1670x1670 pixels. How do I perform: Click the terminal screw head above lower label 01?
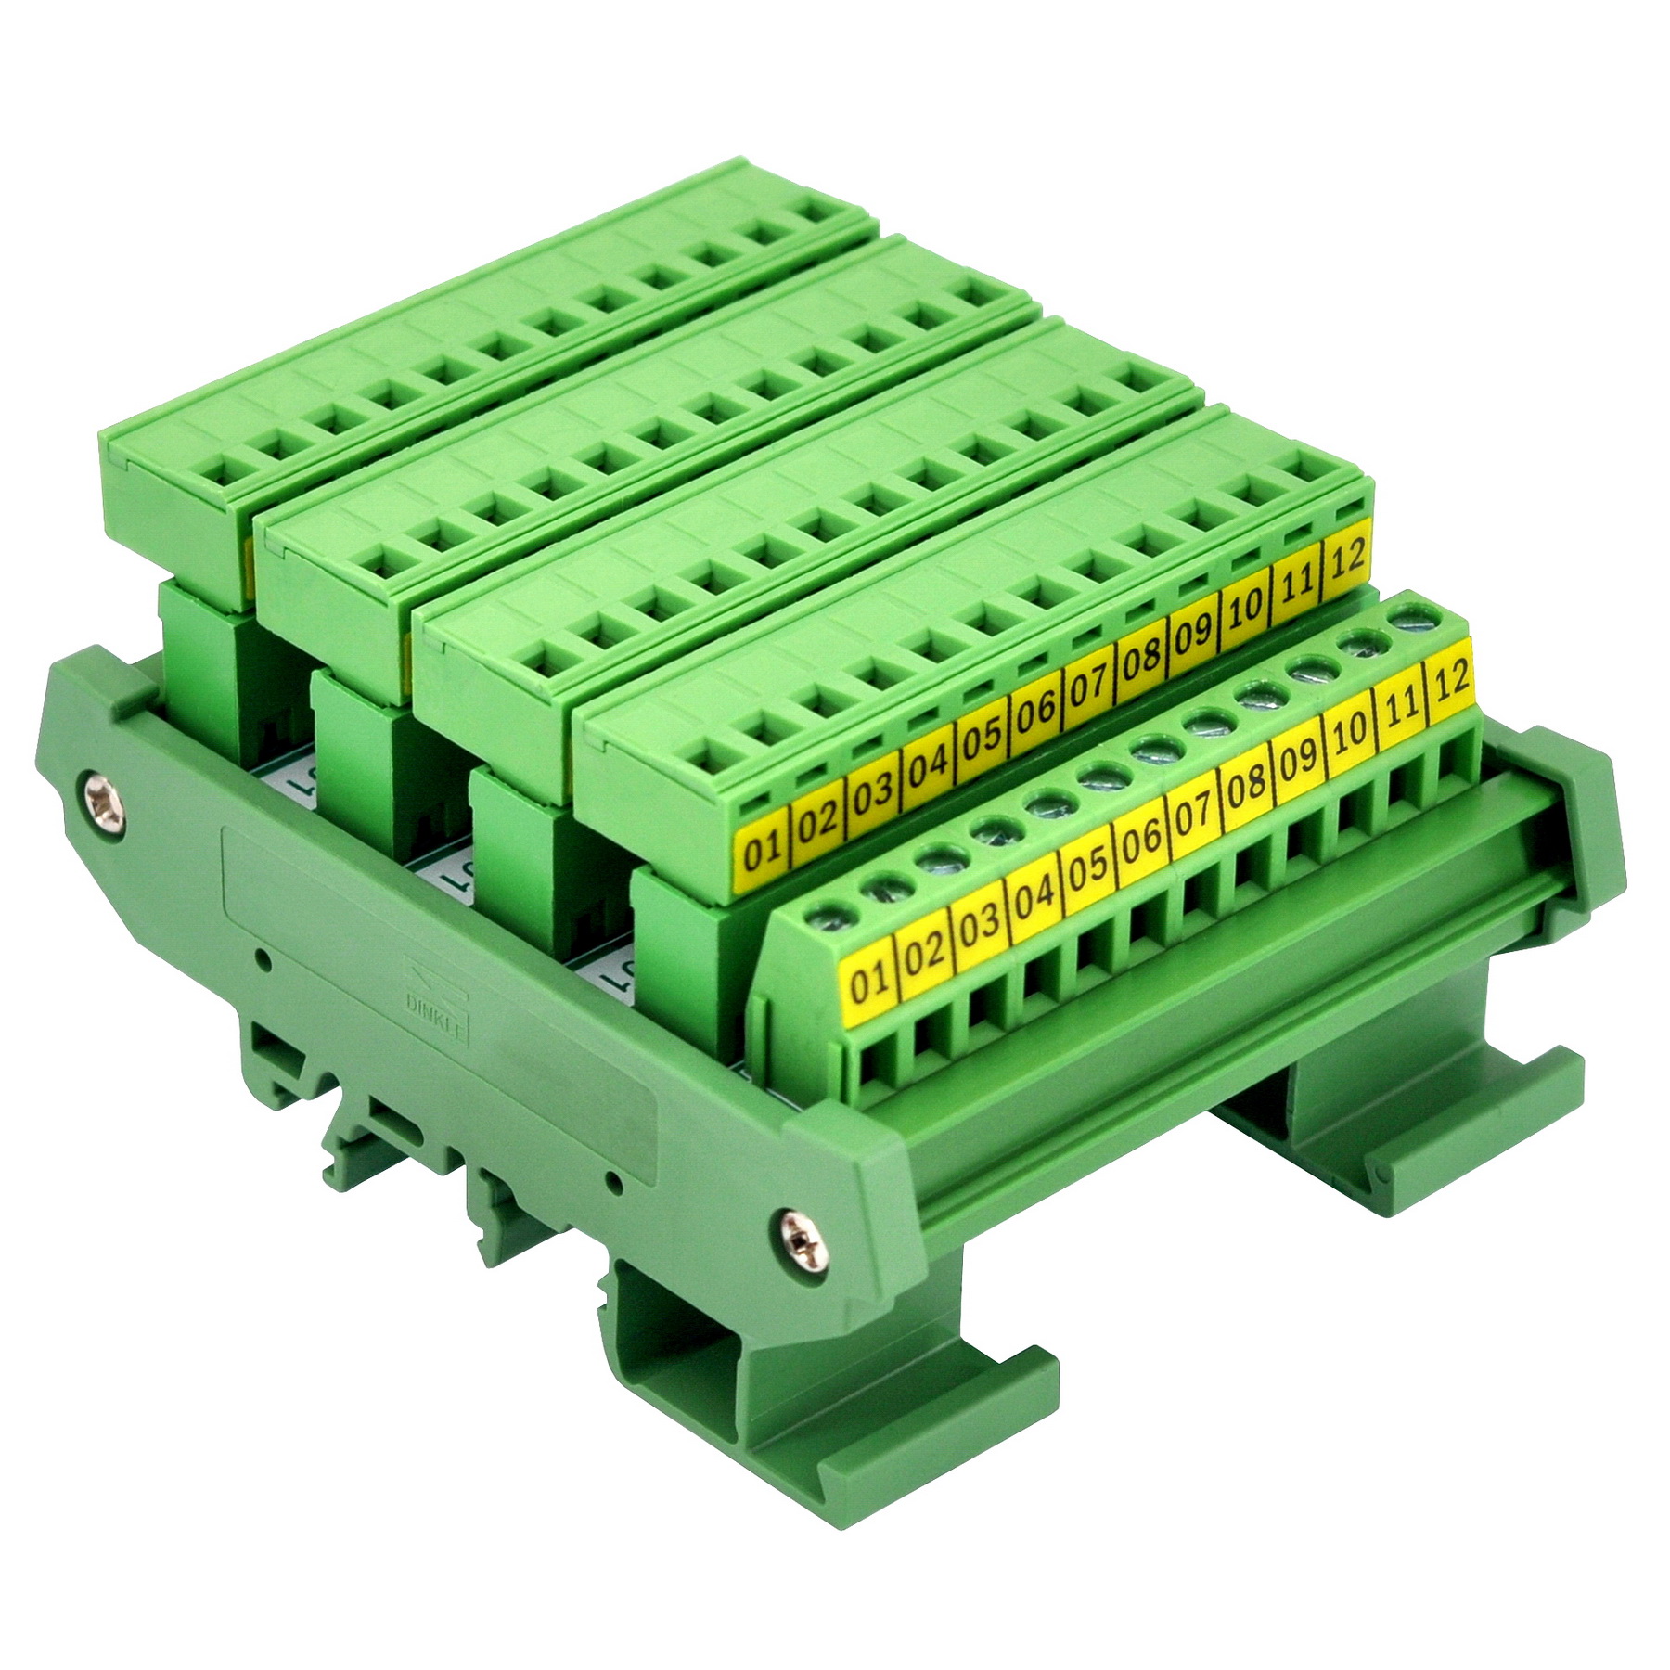[820, 914]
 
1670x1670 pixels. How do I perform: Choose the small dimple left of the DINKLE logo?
[264, 959]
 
